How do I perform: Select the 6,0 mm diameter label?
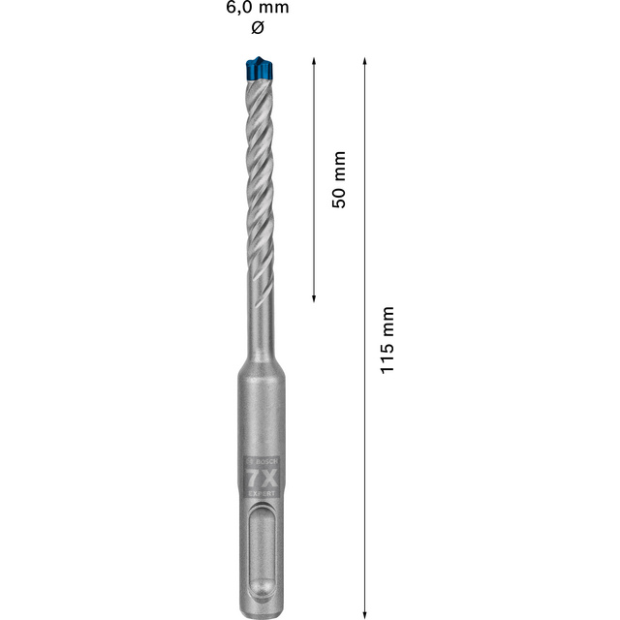click(256, 8)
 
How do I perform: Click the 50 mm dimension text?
click(339, 179)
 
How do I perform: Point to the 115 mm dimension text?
click(387, 341)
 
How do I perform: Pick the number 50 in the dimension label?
click(339, 195)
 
